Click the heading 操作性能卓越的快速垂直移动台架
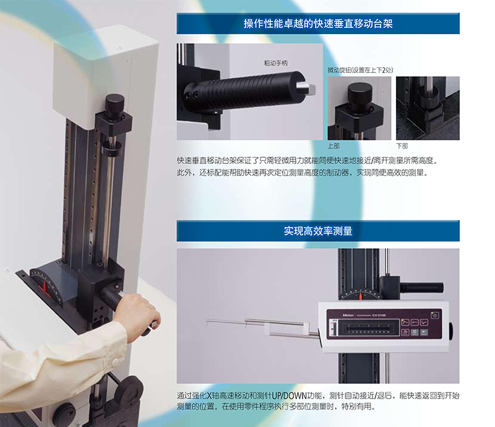[x=318, y=24]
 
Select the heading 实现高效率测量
[x=318, y=231]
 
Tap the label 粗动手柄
[x=275, y=63]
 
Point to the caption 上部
[x=334, y=146]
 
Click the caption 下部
[x=402, y=146]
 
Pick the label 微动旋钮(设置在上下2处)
[x=360, y=70]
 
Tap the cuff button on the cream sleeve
[x=115, y=361]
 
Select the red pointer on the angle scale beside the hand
[x=44, y=287]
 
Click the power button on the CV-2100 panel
[x=435, y=316]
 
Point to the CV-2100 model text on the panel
[x=379, y=315]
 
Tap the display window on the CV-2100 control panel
[x=369, y=328]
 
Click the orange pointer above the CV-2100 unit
[x=361, y=296]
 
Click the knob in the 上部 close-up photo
[x=359, y=94]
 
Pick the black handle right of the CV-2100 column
[x=422, y=287]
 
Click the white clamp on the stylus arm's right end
[x=306, y=329]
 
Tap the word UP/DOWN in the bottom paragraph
[x=289, y=395]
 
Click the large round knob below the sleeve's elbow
[x=129, y=392]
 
